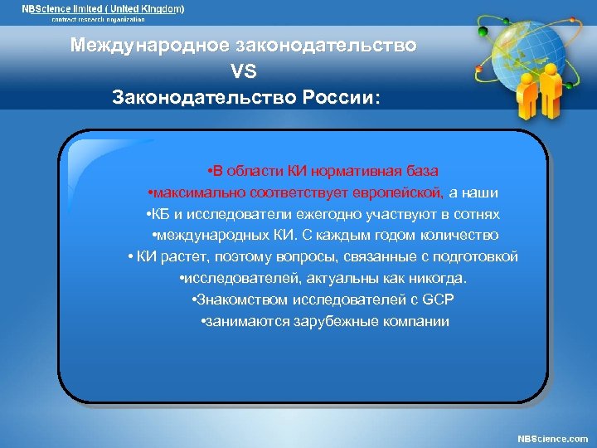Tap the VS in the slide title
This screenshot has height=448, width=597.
point(245,71)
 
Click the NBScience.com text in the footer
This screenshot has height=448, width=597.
point(552,438)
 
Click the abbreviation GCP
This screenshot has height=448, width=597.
point(438,300)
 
